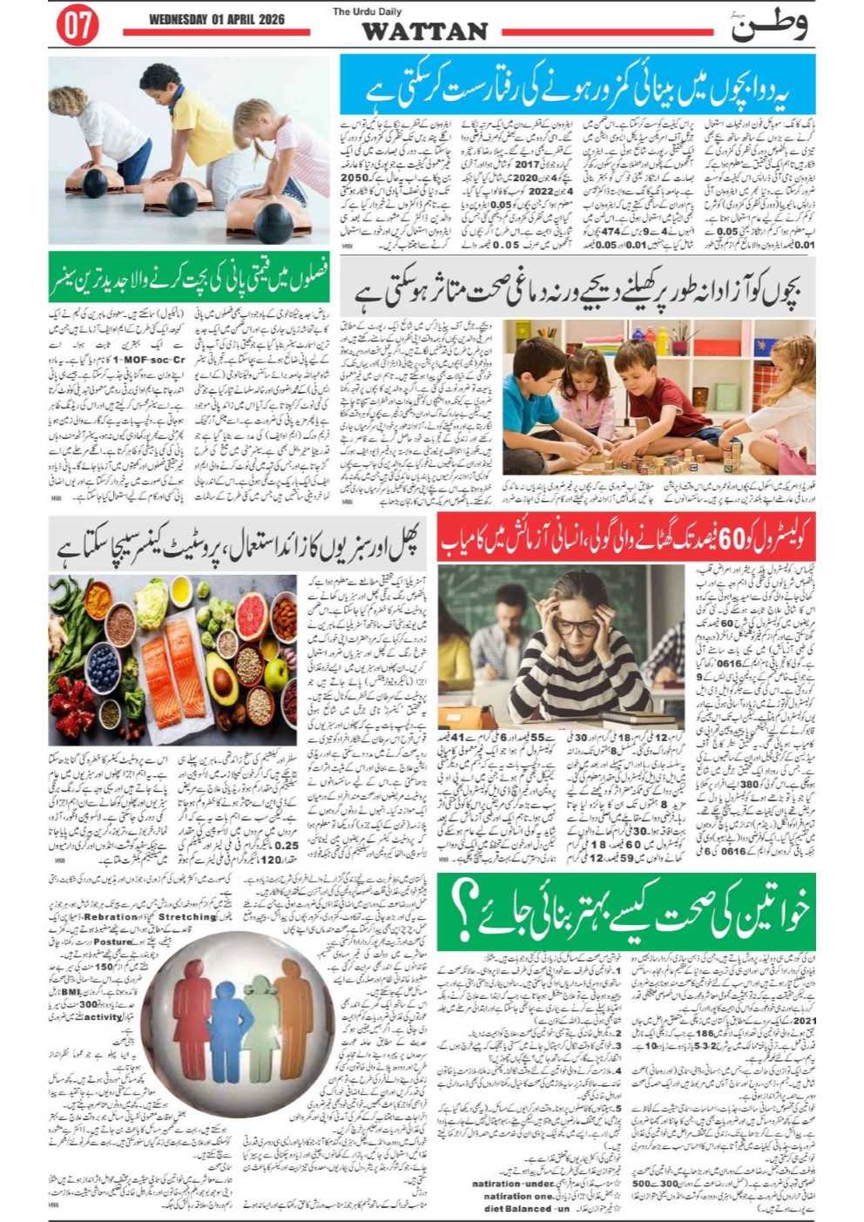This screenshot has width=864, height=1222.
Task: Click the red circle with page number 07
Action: click(x=78, y=26)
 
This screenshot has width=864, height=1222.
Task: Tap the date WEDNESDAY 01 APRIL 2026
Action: click(x=217, y=19)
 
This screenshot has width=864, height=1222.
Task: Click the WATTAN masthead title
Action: click(x=424, y=32)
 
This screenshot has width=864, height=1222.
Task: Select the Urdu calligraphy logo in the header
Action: click(x=769, y=24)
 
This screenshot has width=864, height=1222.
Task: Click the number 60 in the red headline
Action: click(x=726, y=539)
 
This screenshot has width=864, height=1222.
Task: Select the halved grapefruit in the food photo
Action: click(x=252, y=603)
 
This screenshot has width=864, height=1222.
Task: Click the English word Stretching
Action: click(x=187, y=917)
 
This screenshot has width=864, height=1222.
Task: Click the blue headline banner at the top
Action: click(x=577, y=84)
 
